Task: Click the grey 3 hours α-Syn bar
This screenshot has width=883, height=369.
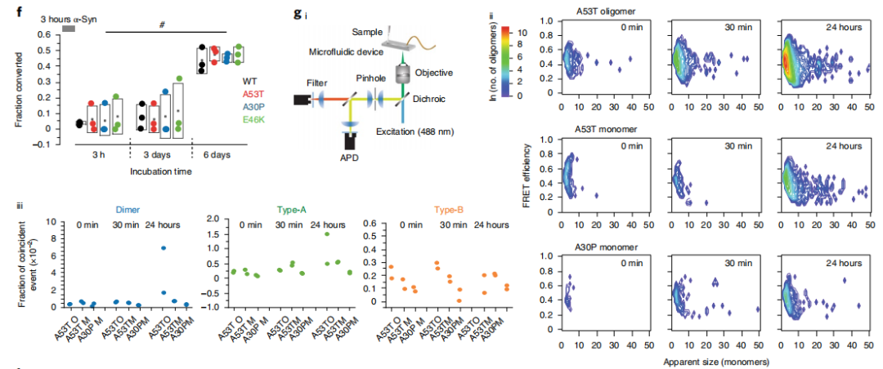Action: coord(69,29)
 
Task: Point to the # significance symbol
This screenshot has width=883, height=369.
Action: coord(162,24)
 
